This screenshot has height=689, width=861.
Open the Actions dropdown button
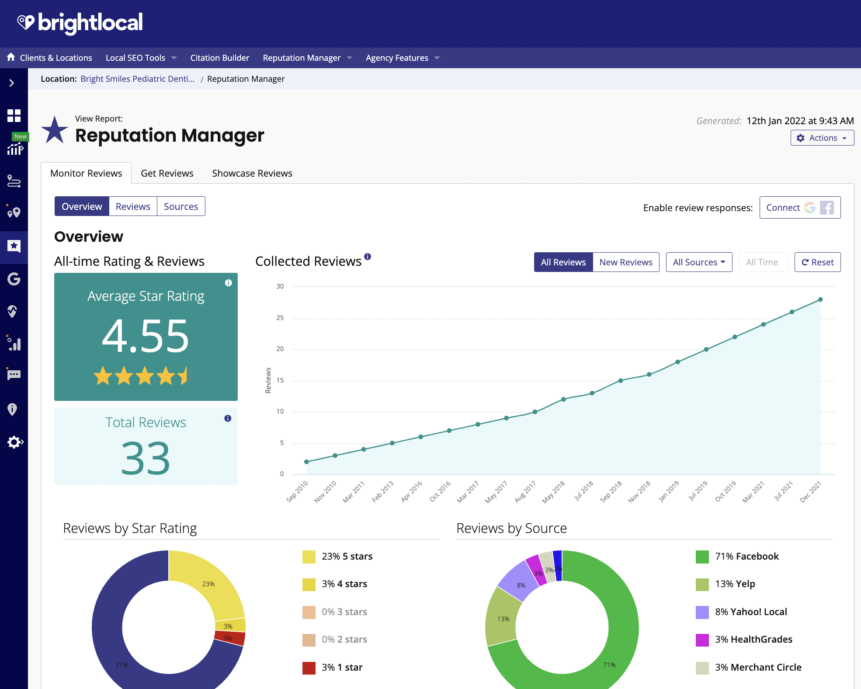[822, 138]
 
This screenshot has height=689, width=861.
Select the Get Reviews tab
[167, 174]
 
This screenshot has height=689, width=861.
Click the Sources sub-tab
[181, 206]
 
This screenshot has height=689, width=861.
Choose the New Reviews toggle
[625, 262]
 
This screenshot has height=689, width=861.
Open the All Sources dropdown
[698, 262]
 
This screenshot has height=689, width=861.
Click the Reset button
[817, 262]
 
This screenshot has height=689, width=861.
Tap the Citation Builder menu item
[219, 58]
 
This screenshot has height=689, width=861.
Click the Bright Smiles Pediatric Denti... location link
[137, 79]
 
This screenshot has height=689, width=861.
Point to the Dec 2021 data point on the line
[820, 300]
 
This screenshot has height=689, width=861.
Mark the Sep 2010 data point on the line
[307, 462]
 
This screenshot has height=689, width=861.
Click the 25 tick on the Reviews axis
[280, 318]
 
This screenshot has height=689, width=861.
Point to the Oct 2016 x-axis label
[440, 491]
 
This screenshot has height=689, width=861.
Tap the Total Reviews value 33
[146, 458]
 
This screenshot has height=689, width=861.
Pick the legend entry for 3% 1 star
[342, 668]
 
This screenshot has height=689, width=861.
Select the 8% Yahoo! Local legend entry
[750, 612]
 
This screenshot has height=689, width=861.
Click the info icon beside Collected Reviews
[368, 257]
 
